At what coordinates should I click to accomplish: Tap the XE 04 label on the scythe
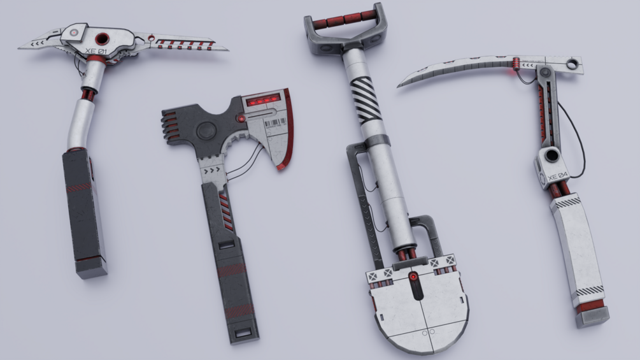[x=557, y=176]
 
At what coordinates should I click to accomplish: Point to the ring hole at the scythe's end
[x=574, y=63]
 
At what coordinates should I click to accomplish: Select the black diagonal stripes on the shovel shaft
[x=366, y=100]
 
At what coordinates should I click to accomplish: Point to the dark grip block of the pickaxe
[x=83, y=204]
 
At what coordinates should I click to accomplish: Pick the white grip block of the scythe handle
[x=578, y=245]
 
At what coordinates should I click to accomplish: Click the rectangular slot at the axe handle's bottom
[x=243, y=332]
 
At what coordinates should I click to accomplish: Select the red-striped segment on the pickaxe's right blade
[x=185, y=45]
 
